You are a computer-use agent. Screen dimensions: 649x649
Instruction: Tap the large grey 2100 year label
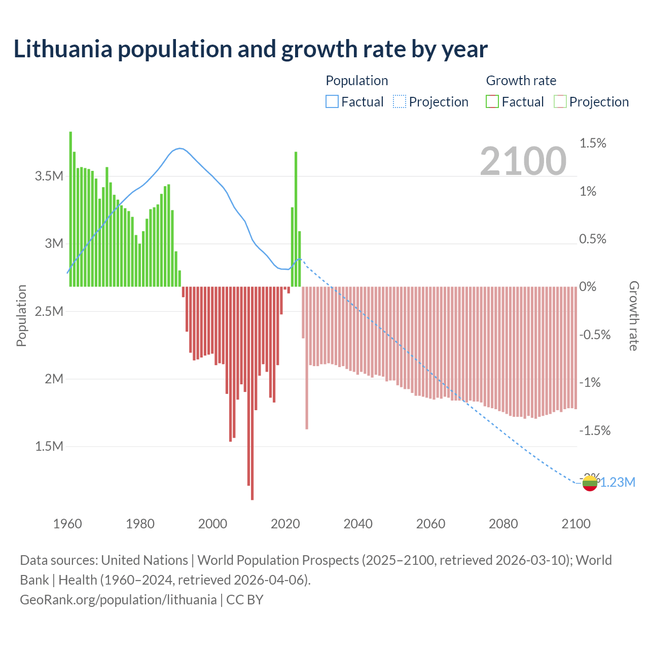tap(523, 161)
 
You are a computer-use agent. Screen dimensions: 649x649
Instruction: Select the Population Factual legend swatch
tap(332, 102)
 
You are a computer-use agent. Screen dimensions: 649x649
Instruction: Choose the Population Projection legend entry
tap(431, 102)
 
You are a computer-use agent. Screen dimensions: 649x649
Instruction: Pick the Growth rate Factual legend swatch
tap(492, 102)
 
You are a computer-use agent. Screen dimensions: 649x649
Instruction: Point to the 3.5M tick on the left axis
tap(49, 176)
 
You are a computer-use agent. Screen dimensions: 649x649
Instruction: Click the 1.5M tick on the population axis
tap(49, 446)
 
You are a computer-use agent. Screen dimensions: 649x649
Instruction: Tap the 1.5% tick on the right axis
tap(593, 143)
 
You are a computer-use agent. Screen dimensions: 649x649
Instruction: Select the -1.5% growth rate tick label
tap(595, 430)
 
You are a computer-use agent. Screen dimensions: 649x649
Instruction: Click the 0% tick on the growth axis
tap(588, 287)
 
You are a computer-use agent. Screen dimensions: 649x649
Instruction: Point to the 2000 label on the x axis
tap(212, 524)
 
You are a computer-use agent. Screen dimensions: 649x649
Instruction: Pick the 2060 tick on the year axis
tap(430, 524)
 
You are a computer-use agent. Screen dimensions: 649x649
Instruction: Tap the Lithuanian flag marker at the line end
tap(590, 483)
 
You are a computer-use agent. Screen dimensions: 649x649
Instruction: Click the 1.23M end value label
tap(618, 482)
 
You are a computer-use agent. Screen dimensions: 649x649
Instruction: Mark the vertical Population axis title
tap(21, 315)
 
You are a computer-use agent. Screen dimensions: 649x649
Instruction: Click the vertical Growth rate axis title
tap(633, 315)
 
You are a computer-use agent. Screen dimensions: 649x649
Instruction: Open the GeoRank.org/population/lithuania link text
tap(118, 600)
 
